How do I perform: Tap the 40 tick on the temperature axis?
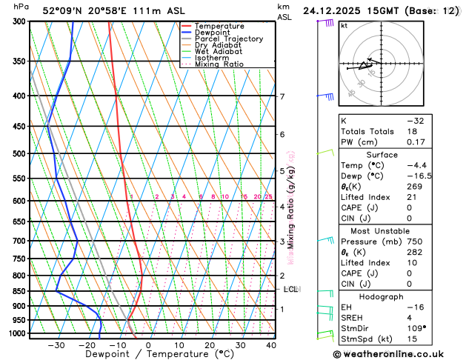[271, 344]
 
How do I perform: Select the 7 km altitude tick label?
[282, 97]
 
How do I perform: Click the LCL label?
[290, 290]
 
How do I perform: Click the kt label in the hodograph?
[344, 25]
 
